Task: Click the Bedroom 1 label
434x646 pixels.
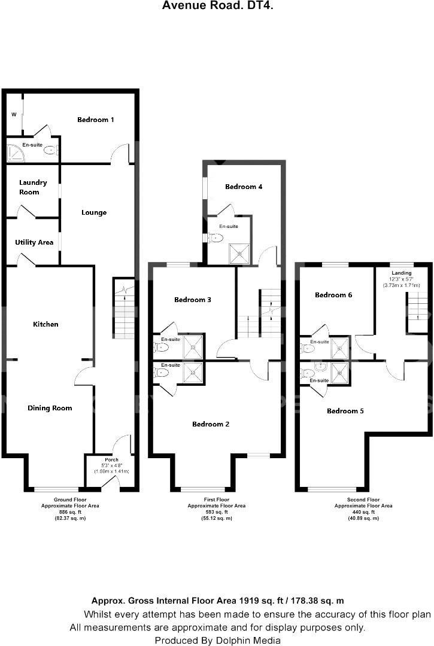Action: (x=96, y=120)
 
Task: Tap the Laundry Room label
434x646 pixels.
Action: (x=33, y=187)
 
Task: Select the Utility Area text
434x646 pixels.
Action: (x=34, y=242)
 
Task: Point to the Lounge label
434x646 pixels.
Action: (x=94, y=212)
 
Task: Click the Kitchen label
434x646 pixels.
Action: (x=45, y=324)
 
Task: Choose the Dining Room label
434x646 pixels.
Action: (x=50, y=408)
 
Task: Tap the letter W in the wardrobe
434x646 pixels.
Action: (x=13, y=115)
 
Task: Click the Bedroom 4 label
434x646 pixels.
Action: (x=244, y=187)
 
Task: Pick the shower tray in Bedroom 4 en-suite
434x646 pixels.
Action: (x=239, y=253)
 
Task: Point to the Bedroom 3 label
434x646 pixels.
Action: (x=193, y=300)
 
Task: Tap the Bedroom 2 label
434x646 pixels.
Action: (x=211, y=424)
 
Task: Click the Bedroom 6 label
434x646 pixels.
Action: (x=333, y=295)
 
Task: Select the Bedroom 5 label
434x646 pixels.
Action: (x=345, y=411)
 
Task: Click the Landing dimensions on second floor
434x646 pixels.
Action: (x=401, y=282)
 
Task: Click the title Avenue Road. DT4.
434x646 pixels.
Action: (x=218, y=6)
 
